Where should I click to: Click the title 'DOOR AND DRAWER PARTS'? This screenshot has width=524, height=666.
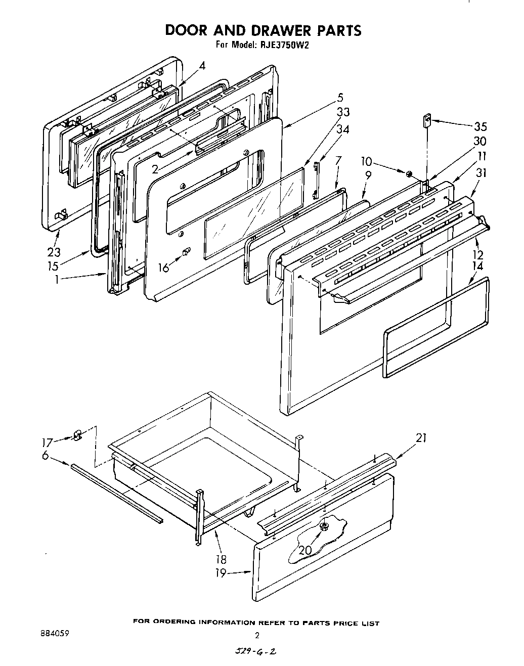tap(264, 30)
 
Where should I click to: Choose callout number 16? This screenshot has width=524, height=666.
tap(163, 267)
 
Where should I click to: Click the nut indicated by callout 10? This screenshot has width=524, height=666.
tap(409, 174)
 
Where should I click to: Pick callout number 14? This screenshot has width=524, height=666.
tap(477, 266)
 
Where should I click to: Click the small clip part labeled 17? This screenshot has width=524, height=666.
tap(77, 435)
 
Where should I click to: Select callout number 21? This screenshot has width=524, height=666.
tap(421, 438)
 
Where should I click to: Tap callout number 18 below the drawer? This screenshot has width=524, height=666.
tap(221, 559)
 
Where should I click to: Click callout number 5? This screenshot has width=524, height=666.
tap(340, 98)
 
